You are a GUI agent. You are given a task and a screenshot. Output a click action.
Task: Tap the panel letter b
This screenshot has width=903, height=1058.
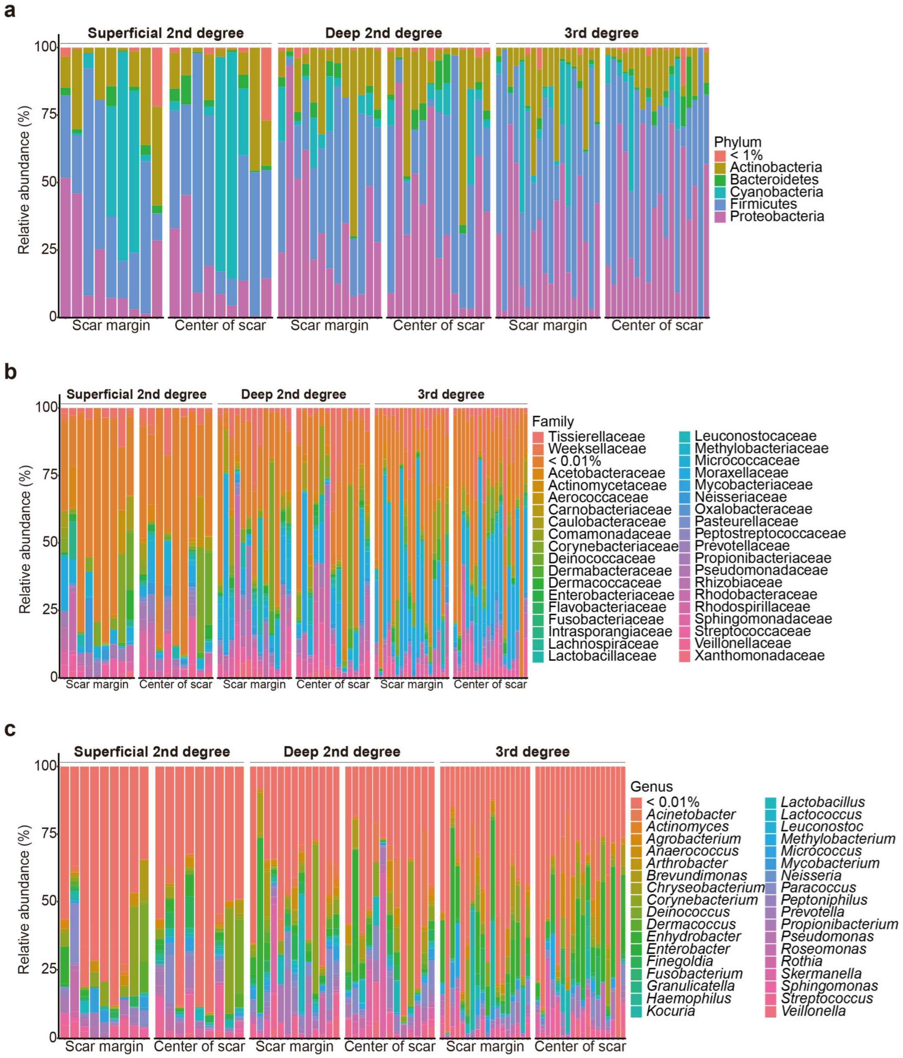[x=10, y=372]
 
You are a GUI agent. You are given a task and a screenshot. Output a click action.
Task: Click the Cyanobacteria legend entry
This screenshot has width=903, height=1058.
[x=776, y=192]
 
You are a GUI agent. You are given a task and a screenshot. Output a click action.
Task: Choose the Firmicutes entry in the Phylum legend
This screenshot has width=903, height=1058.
[x=763, y=204]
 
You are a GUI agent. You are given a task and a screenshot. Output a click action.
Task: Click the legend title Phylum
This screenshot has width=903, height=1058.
[x=738, y=142]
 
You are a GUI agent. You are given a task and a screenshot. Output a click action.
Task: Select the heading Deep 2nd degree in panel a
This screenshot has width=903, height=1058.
[x=383, y=33]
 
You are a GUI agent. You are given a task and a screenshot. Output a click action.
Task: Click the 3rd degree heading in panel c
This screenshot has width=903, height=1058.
[x=532, y=752]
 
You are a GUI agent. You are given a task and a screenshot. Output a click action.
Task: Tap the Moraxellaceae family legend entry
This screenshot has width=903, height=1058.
[x=741, y=473]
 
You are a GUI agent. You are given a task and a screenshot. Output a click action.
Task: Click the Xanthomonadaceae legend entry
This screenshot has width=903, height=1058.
[x=760, y=656]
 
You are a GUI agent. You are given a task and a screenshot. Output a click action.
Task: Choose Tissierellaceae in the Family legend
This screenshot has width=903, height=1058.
[x=596, y=437]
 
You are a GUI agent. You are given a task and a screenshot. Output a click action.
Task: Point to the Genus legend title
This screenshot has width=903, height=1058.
[x=651, y=787]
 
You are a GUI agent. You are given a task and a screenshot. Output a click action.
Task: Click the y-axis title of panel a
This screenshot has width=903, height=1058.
[x=24, y=180]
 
